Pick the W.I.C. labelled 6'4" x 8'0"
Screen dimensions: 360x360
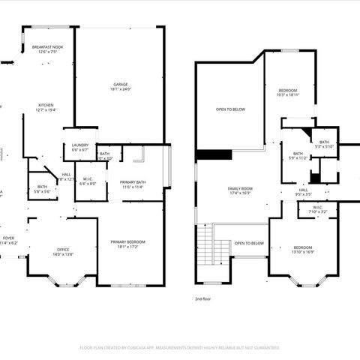(87, 181)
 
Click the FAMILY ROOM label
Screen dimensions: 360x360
(239, 190)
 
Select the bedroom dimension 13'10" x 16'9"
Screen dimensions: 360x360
(303, 250)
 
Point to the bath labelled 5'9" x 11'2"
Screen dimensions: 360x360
(298, 156)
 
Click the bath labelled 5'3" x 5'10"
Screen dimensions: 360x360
(324, 144)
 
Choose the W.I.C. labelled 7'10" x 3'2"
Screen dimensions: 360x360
(318, 210)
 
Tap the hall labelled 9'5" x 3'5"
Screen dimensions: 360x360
(303, 193)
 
